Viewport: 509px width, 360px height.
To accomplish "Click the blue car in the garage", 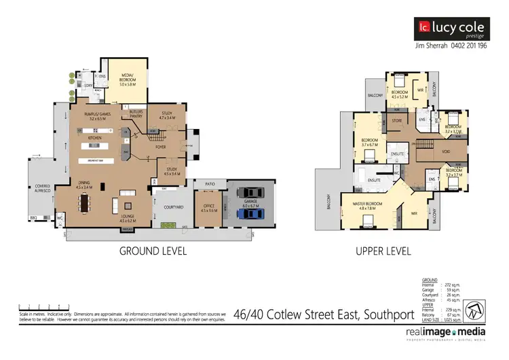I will tap(251, 213).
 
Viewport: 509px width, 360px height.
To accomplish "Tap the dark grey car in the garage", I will tap(251, 194).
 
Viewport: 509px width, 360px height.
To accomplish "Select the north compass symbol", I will tap(479, 292).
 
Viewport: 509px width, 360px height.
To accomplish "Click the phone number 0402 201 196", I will tap(469, 46).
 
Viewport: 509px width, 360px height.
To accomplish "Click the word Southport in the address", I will tap(380, 314).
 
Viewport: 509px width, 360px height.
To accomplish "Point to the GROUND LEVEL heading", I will tap(153, 251).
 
